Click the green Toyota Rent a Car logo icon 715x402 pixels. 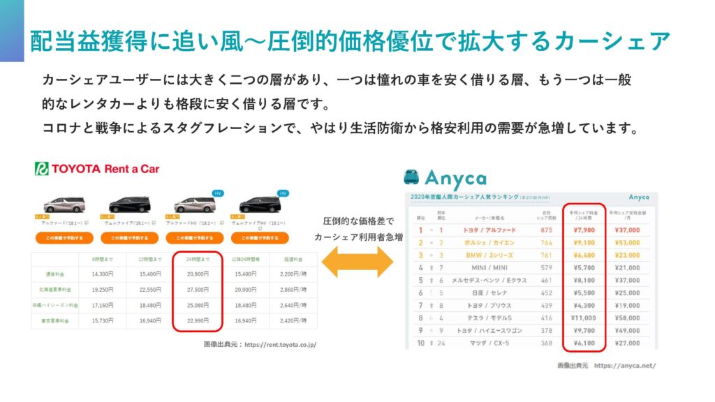coord(42,169)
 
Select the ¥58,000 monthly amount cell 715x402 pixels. coord(628,318)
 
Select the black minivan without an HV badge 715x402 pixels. coord(129,204)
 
